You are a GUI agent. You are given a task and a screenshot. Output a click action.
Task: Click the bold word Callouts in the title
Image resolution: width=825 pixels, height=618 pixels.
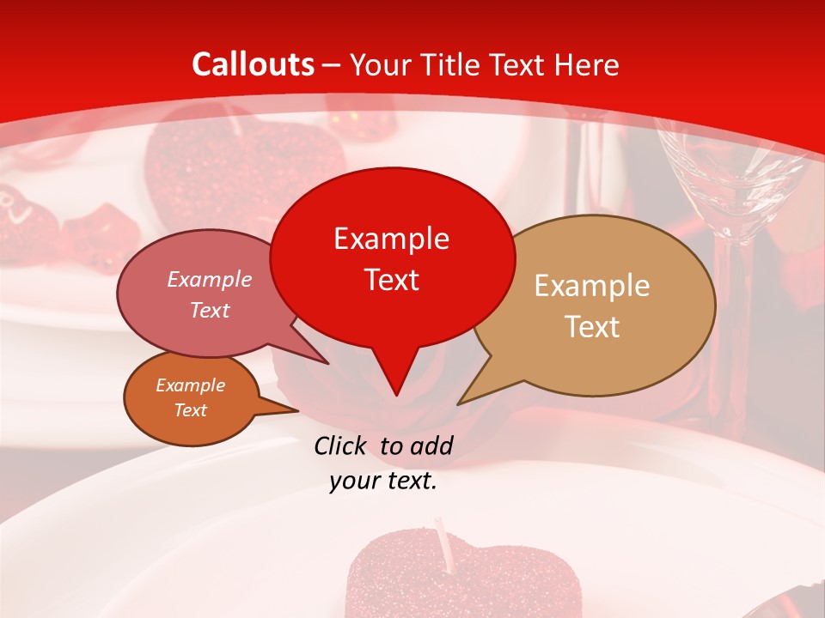tap(253, 64)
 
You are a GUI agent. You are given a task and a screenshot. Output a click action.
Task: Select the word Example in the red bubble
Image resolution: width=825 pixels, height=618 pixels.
tap(391, 239)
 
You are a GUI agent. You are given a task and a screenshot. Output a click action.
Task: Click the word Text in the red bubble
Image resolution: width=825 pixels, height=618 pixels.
tap(391, 280)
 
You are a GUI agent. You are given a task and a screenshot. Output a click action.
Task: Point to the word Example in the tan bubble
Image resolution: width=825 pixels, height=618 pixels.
tap(592, 286)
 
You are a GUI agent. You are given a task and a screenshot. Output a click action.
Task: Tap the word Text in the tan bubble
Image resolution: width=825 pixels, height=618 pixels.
tap(592, 327)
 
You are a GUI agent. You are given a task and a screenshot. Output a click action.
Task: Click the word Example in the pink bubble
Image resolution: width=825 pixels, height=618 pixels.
tap(209, 280)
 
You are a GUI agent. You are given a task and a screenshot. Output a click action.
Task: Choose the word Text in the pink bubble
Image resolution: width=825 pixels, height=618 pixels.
tap(209, 310)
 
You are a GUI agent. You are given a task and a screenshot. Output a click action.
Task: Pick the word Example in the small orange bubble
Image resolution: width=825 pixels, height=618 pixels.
tap(190, 385)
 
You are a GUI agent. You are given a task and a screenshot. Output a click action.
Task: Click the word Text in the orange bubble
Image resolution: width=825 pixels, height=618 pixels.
tap(190, 410)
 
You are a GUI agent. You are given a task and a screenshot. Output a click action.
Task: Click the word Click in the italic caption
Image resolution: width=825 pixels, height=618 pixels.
tap(342, 445)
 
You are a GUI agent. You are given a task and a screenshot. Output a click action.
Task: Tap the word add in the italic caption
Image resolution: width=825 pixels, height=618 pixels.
tap(431, 445)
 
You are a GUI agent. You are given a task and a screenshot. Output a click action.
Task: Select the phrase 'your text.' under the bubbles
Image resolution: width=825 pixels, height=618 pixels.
tap(383, 482)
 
